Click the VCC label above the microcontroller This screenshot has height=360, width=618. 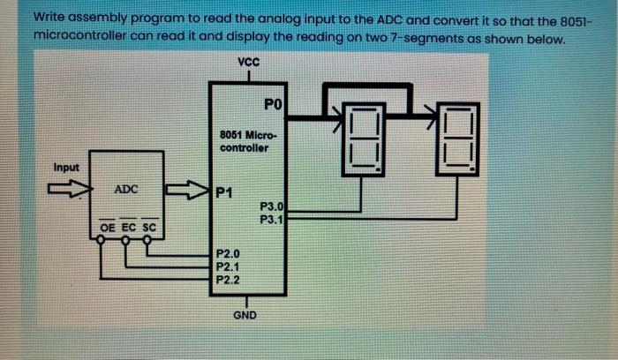click(249, 62)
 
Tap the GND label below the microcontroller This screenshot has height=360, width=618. click(245, 312)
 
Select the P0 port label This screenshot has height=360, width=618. click(273, 106)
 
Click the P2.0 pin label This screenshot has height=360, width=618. click(228, 253)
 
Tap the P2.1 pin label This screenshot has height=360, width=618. click(228, 266)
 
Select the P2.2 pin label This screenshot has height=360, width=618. click(228, 278)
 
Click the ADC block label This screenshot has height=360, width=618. click(125, 190)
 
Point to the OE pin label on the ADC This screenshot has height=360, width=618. click(106, 228)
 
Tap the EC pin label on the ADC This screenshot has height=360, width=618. click(127, 228)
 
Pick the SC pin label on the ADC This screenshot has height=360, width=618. click(148, 228)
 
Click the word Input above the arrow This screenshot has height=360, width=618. click(66, 168)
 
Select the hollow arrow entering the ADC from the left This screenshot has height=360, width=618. click(65, 188)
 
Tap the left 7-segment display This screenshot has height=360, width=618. click(363, 139)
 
